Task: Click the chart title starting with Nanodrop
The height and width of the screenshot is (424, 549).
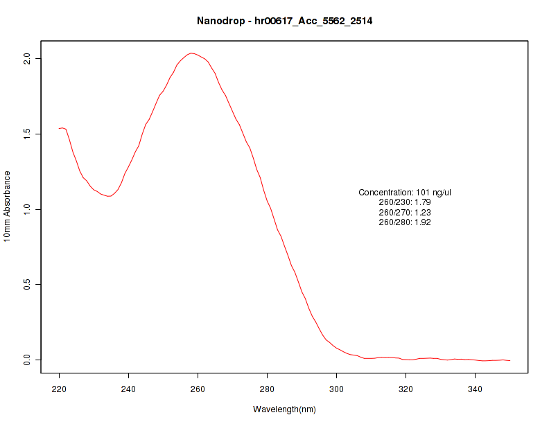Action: (285, 21)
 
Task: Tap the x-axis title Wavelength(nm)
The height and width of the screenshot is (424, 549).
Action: (284, 409)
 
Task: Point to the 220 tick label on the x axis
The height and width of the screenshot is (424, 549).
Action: (60, 389)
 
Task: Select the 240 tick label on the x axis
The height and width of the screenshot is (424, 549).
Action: (129, 389)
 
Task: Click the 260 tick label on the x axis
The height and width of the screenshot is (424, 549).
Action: (198, 389)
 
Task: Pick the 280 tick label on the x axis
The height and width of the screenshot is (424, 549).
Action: (268, 389)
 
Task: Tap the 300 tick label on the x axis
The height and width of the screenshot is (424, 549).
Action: (336, 389)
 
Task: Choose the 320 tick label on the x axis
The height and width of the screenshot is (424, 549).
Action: (406, 389)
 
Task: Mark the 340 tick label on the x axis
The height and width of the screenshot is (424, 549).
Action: (475, 389)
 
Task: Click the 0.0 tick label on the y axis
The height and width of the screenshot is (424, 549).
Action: (27, 360)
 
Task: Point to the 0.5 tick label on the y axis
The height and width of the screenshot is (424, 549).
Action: (27, 285)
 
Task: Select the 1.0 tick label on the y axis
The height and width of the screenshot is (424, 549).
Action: (27, 209)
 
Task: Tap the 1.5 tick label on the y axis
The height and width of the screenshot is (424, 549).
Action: (27, 134)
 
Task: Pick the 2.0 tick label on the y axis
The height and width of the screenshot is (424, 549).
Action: (27, 58)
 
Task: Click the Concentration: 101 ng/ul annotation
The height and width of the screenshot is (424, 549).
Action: (405, 193)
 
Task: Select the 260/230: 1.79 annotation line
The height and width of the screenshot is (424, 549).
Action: (405, 202)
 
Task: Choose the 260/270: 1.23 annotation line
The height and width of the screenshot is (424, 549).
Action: (405, 213)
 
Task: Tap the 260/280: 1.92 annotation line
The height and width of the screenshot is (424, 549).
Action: (405, 222)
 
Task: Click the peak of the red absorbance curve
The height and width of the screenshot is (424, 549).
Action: (191, 53)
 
